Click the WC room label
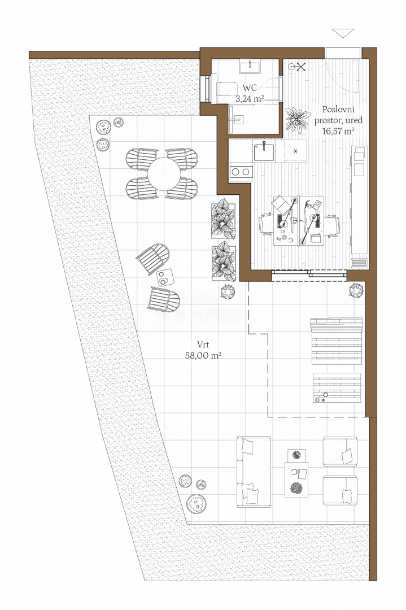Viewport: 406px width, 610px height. pos(250,88)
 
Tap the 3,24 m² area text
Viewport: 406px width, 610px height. pos(250,99)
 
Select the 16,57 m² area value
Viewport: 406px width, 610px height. pos(338,131)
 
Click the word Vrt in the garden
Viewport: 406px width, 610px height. pos(203,345)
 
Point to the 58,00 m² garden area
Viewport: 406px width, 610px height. pos(203,355)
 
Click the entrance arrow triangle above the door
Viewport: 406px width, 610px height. pos(343,33)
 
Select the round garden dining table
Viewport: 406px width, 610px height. pos(164,174)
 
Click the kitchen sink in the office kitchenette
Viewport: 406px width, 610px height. pos(264,151)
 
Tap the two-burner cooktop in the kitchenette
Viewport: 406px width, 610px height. pos(241,172)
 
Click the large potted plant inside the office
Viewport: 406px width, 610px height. pos(298,119)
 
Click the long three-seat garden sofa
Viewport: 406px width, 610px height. pos(254,472)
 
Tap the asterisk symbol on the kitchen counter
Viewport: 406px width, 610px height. pos(295,151)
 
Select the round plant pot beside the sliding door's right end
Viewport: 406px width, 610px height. pos(356,290)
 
